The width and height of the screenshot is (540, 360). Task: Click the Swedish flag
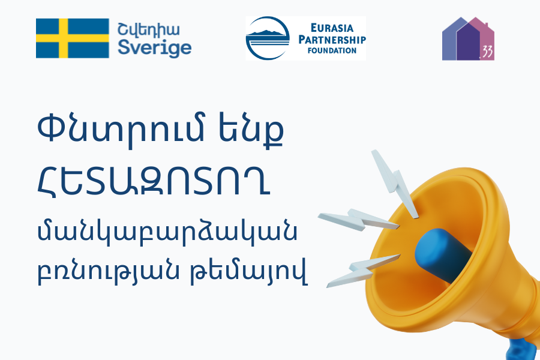pyautogui.click(x=73, y=38)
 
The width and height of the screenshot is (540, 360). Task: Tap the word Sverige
pyautogui.click(x=155, y=48)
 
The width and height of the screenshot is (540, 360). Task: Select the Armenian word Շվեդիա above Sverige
pyautogui.click(x=148, y=30)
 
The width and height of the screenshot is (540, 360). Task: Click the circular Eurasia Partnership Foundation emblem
pyautogui.click(x=268, y=38)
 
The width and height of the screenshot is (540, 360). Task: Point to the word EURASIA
pyautogui.click(x=332, y=28)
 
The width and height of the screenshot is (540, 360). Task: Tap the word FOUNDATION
pyautogui.click(x=332, y=50)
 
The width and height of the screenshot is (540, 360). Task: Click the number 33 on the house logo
pyautogui.click(x=487, y=52)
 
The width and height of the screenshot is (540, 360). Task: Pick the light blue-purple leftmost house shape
pyautogui.click(x=449, y=41)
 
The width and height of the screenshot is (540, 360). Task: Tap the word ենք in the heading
pyautogui.click(x=251, y=130)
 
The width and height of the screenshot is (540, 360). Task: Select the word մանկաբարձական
pyautogui.click(x=167, y=233)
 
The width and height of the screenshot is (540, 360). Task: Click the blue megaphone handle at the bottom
pyautogui.click(x=521, y=350)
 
